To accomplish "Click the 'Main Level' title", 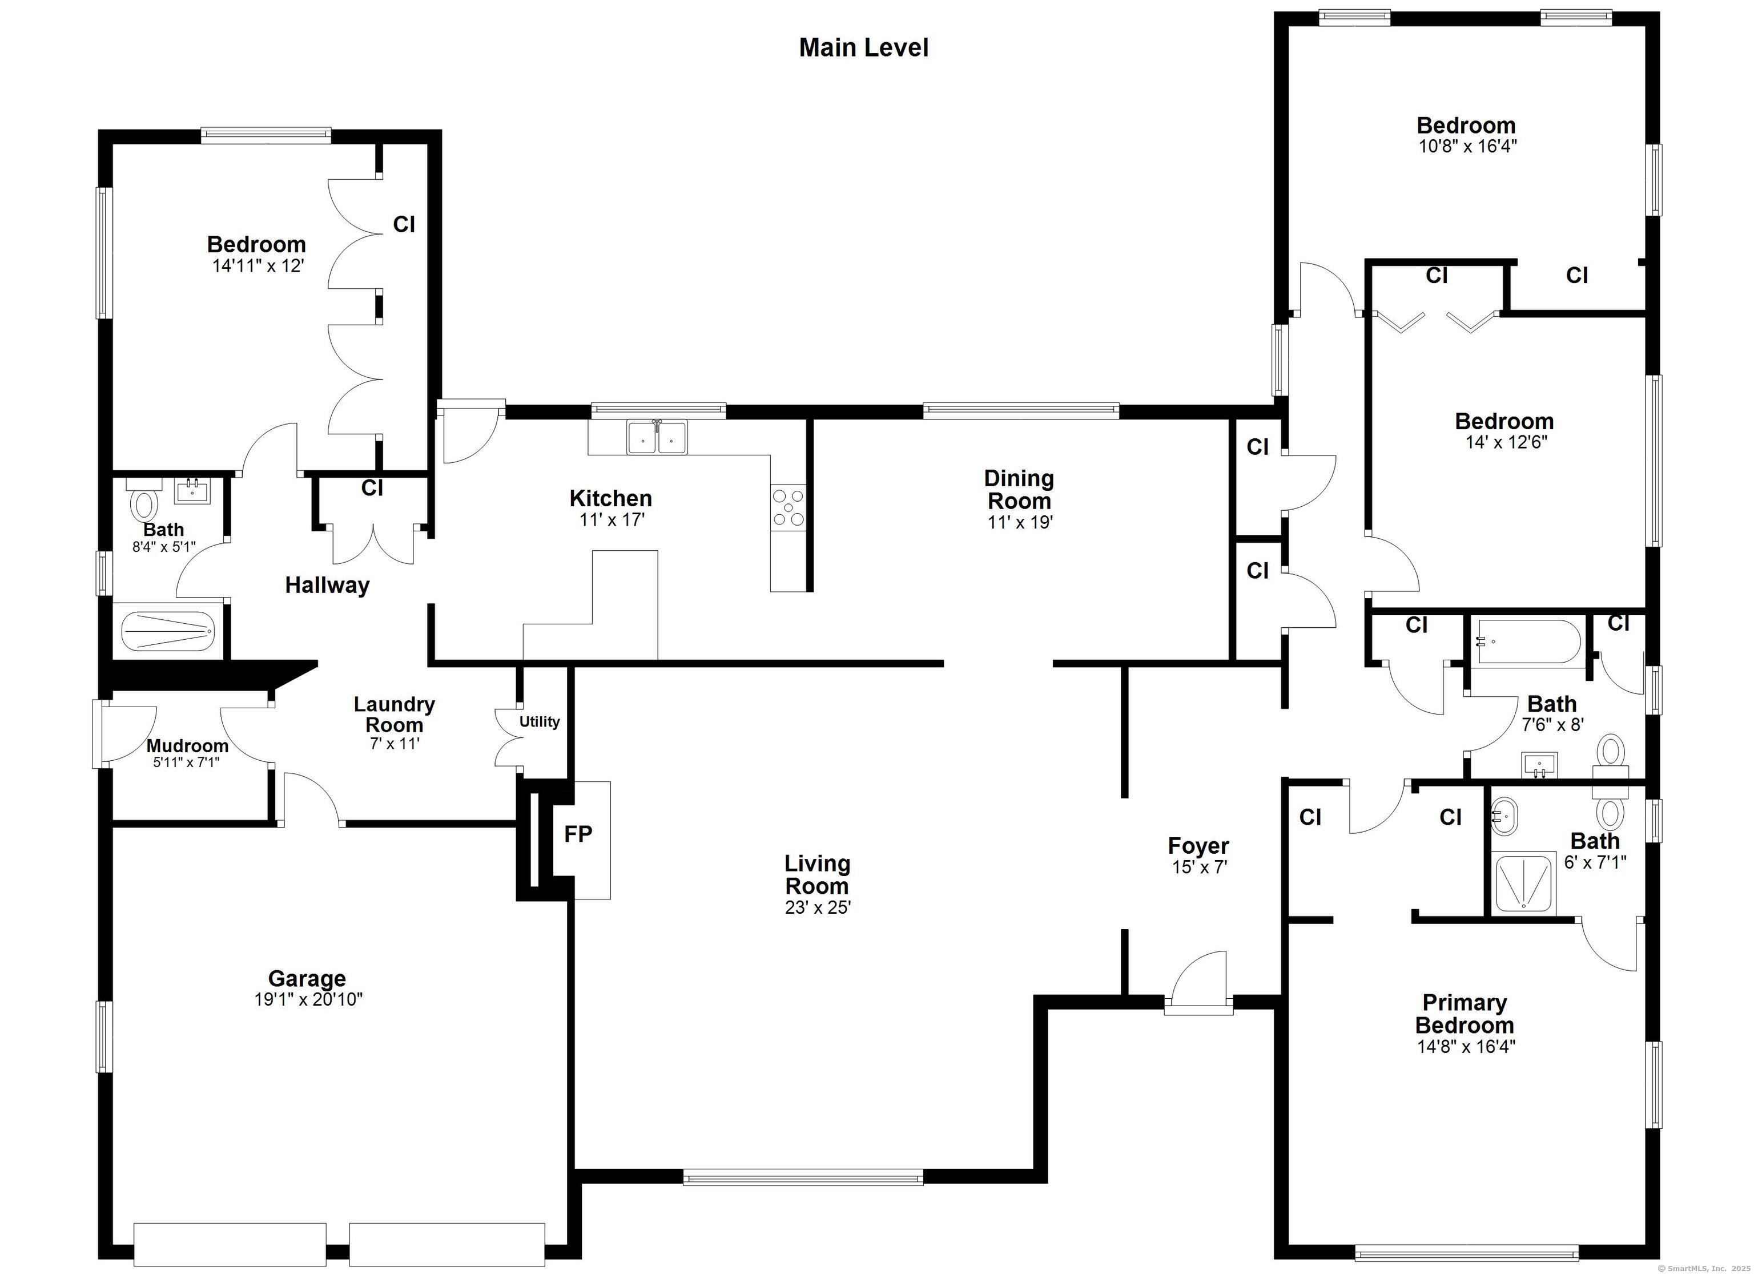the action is pyautogui.click(x=863, y=48).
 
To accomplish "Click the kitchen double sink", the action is pyautogui.click(x=657, y=437).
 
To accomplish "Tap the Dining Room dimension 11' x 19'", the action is pyautogui.click(x=1020, y=523).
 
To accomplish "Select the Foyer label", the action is pyautogui.click(x=1198, y=846).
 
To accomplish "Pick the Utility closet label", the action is pyautogui.click(x=539, y=721).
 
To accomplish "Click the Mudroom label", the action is pyautogui.click(x=187, y=746).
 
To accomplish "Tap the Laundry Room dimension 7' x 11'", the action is pyautogui.click(x=395, y=744).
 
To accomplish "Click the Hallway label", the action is pyautogui.click(x=327, y=586).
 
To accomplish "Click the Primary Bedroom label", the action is pyautogui.click(x=1465, y=1014).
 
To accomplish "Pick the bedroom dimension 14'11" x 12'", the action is pyautogui.click(x=258, y=267).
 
